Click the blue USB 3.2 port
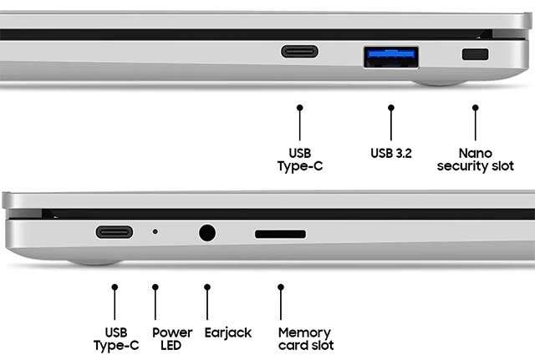391,57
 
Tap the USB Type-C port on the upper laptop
299,52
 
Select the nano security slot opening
475,54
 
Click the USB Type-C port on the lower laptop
115,232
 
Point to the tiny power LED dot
155,232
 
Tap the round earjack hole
207,233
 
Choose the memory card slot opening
280,234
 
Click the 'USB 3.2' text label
391,154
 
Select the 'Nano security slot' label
476,160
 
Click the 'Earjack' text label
228,332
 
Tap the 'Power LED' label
172,339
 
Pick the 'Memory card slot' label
306,339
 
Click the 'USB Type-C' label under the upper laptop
300,160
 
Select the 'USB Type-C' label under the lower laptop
116,339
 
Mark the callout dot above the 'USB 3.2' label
391,108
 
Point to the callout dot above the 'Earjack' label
207,287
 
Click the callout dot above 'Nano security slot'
476,108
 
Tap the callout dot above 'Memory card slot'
281,287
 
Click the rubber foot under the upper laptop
440,83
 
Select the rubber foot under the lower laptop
94,262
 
